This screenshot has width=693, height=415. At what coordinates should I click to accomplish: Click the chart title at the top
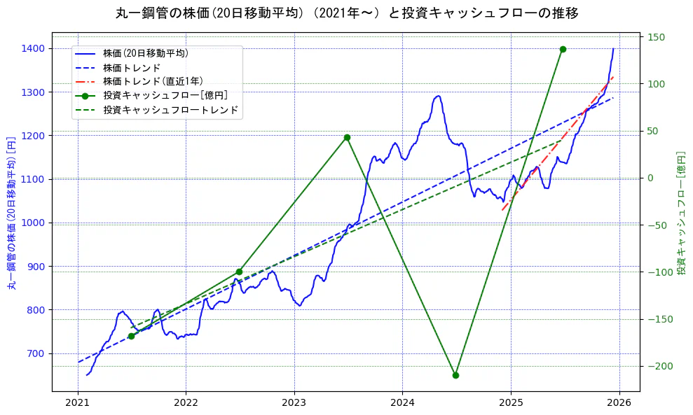coord(347,13)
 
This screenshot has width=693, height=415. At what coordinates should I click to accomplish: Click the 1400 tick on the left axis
coord(33,48)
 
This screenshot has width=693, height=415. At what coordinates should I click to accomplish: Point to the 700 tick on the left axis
coord(36,353)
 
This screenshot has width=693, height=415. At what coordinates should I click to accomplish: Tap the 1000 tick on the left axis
coord(33,223)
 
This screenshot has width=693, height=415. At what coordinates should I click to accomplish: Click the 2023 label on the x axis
coord(294,404)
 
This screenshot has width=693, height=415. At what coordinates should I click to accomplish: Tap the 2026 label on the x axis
coord(619,404)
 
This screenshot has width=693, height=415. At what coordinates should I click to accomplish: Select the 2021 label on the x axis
coord(78,404)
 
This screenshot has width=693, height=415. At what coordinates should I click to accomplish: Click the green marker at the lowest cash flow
coord(455,375)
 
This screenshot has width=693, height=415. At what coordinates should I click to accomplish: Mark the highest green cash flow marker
coord(563,49)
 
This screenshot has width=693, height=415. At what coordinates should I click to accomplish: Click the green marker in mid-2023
coord(347,137)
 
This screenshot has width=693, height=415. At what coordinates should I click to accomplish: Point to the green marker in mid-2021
coord(131,336)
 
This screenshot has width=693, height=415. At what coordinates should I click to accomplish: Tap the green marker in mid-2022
coord(239,272)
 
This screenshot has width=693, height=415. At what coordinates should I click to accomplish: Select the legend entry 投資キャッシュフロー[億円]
coord(165,96)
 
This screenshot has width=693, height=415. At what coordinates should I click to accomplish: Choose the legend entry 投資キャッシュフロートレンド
coord(170,110)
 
